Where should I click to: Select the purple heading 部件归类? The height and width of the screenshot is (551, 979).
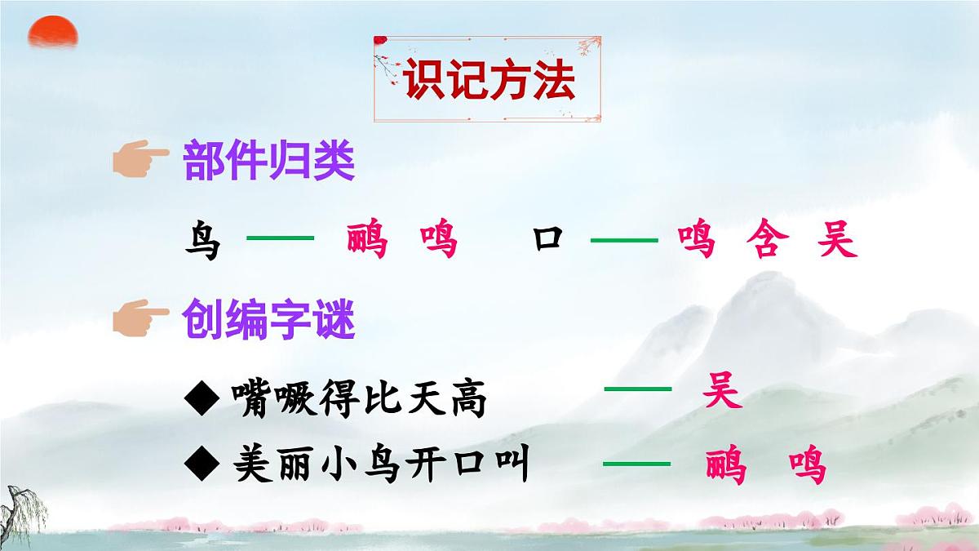(x=269, y=161)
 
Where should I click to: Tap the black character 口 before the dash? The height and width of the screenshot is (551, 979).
(x=548, y=240)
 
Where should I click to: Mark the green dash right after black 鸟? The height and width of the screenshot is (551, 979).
(x=280, y=238)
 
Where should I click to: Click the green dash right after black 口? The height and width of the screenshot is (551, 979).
(x=624, y=240)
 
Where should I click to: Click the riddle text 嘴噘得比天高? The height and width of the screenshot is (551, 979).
(x=359, y=400)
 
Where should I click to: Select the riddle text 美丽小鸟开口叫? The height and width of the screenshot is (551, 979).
(x=380, y=466)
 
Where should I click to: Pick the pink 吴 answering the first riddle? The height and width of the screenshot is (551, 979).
(x=722, y=393)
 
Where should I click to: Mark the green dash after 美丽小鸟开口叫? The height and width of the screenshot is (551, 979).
(x=636, y=464)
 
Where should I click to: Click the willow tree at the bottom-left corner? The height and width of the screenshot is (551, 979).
(x=18, y=510)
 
